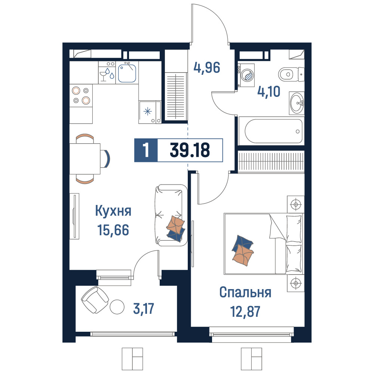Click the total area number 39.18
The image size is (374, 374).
[x=190, y=150]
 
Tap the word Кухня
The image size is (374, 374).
[x=113, y=211]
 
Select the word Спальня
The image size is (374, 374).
[x=245, y=292]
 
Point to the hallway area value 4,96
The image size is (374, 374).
[x=206, y=68]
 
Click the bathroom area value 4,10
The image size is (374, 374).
[x=269, y=91]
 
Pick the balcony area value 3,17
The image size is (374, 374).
[x=144, y=309]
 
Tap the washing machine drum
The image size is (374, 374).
[x=247, y=75]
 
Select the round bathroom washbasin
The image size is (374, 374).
[x=297, y=103]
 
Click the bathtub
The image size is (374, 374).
[x=273, y=131]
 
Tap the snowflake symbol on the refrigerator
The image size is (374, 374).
[x=148, y=111]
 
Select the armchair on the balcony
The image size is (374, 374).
[x=95, y=300]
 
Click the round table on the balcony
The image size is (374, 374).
[x=117, y=307]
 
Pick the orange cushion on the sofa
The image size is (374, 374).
[x=175, y=225]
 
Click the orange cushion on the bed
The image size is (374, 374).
[x=243, y=256]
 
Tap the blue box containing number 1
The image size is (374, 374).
[x=146, y=150]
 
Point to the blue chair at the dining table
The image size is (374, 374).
[x=107, y=158]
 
